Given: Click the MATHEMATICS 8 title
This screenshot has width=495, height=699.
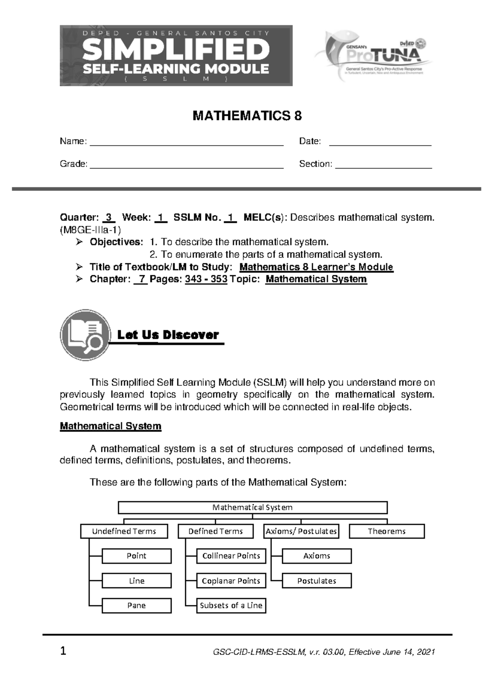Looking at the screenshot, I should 247,116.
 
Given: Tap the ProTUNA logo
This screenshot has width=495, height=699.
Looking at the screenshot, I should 373,56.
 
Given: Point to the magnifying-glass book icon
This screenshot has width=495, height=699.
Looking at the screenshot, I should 85,335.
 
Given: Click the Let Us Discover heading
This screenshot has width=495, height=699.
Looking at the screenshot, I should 168,335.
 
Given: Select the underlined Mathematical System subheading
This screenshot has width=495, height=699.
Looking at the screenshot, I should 111,426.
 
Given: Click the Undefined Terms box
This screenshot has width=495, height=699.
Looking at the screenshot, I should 124,531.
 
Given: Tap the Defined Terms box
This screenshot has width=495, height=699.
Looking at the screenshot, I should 215,531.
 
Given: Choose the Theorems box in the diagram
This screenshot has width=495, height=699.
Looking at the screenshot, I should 387,531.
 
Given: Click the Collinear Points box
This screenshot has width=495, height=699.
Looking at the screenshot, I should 231,556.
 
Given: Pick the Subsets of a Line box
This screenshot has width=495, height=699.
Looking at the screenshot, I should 231,605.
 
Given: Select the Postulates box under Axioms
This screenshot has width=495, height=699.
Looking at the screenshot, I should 316,581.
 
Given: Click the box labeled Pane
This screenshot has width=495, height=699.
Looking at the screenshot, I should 137,605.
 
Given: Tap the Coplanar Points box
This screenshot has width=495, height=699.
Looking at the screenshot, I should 231,581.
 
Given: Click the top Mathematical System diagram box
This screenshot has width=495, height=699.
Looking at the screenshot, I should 252,507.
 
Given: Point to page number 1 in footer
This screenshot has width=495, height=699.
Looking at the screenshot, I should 63,652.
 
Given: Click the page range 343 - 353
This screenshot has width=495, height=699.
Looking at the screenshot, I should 206,279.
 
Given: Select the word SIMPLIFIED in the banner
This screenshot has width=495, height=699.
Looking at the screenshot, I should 176,50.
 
